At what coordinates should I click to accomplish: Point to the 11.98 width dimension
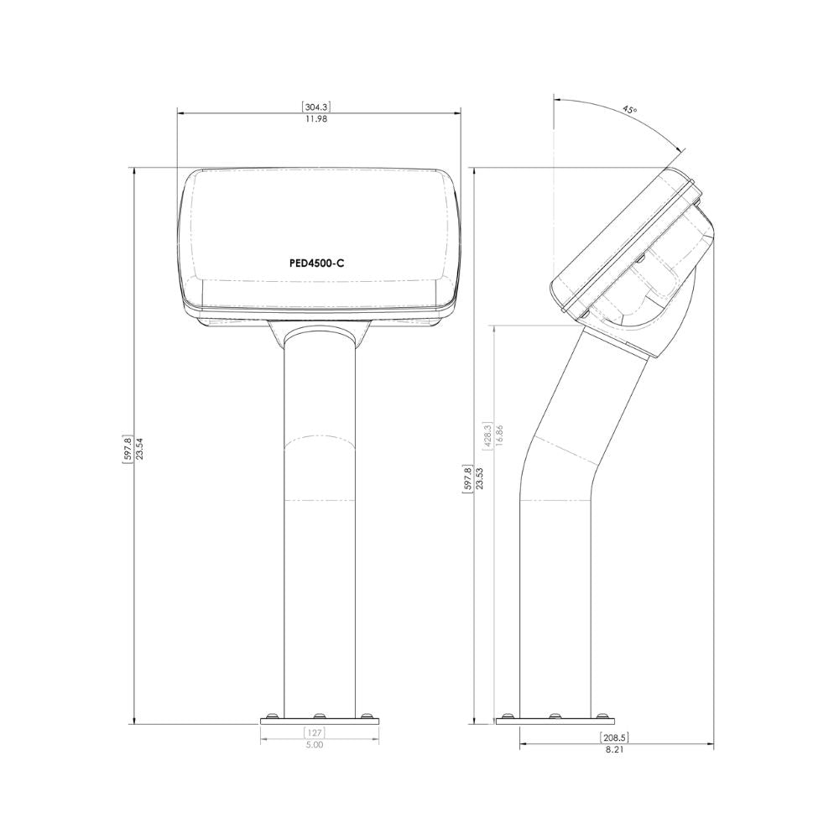(x=316, y=119)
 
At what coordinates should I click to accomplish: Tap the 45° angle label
(x=630, y=110)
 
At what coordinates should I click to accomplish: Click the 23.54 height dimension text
(x=139, y=447)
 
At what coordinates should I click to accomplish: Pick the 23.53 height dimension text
(x=480, y=478)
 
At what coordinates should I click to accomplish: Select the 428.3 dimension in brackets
(x=487, y=435)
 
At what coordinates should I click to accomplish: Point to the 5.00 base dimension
(x=315, y=745)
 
